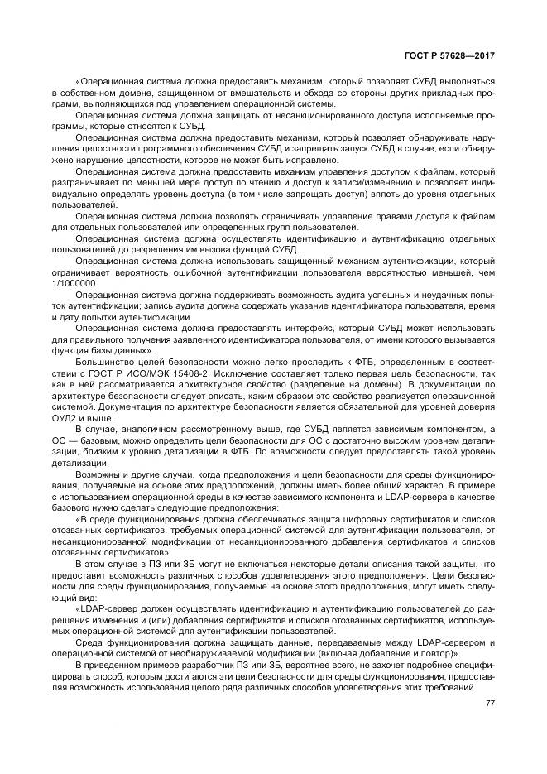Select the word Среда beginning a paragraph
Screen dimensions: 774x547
coord(89,642)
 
